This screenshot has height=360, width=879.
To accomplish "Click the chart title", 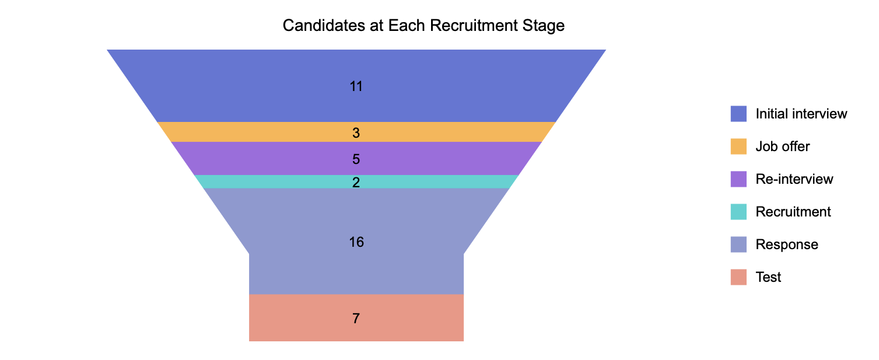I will tap(423, 26).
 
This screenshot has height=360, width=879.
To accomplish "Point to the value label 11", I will tap(356, 86).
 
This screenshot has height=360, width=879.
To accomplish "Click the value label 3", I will tap(356, 133).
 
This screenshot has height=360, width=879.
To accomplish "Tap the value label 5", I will tap(356, 159).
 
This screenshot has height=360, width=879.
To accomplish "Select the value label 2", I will tap(356, 183).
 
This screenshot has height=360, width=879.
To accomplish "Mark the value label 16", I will tap(356, 242).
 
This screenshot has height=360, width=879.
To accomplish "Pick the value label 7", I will tap(356, 319).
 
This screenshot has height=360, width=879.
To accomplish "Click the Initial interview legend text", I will tap(801, 114).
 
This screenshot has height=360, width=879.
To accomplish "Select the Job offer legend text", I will tap(782, 146).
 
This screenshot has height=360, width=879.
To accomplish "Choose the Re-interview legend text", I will tap(794, 179).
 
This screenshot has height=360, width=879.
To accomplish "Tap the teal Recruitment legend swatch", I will tap(738, 212).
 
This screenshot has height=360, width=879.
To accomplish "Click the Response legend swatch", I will tap(738, 244).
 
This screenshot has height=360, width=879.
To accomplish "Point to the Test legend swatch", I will tap(738, 277).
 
